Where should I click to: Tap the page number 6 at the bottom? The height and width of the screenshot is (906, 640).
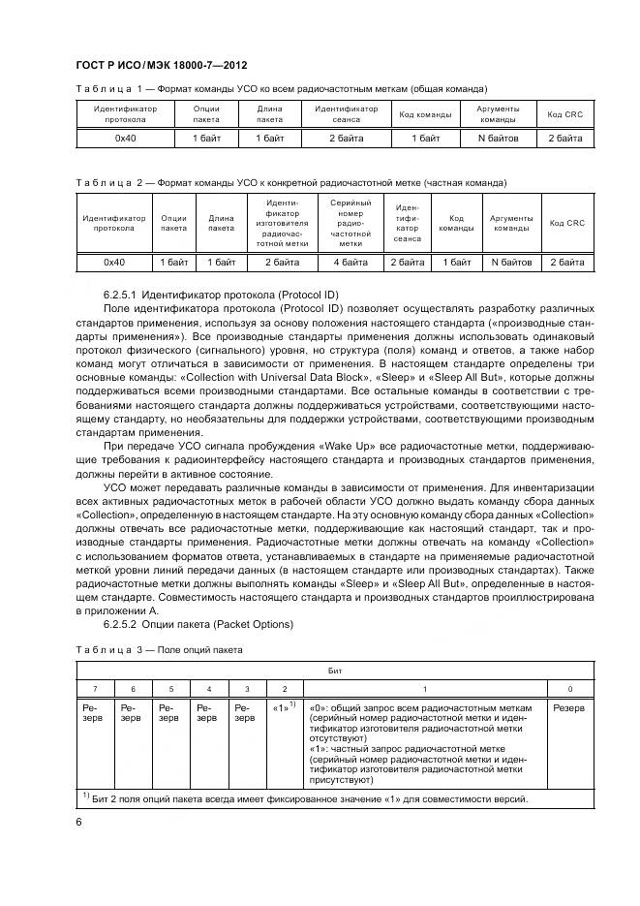78,822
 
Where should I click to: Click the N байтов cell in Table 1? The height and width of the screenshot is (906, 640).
499,139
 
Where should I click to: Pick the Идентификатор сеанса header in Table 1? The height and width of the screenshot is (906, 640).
346,114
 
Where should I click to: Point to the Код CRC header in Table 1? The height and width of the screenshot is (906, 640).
564,114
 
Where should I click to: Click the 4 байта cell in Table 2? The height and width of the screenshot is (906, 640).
350,262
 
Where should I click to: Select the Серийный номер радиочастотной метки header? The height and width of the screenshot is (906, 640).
350,223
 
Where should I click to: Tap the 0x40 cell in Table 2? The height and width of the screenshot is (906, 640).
114,262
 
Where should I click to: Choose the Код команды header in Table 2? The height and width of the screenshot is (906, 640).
456,223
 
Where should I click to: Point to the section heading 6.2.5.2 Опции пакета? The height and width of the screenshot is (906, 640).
198,624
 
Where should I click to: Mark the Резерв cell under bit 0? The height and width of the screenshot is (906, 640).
568,708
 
